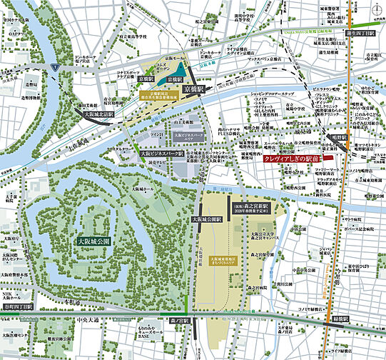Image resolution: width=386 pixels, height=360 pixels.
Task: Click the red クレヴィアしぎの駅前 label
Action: click(292, 159)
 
